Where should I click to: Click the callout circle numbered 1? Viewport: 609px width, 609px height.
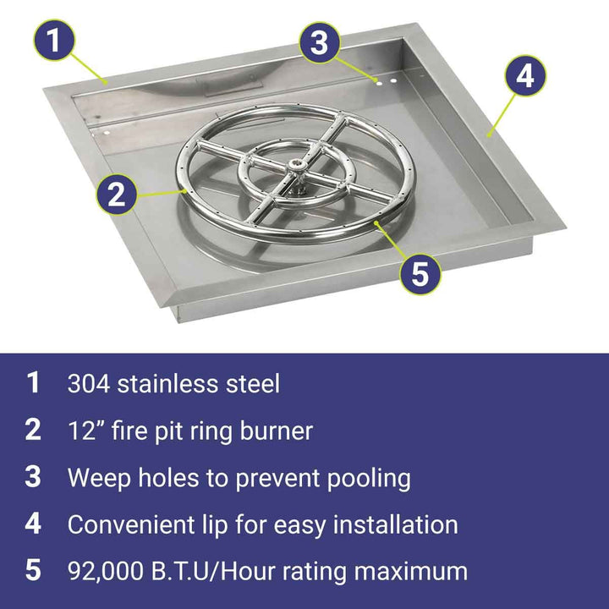(x=53, y=41)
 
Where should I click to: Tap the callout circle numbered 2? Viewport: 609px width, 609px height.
(x=116, y=195)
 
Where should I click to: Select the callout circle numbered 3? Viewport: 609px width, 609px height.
(x=319, y=42)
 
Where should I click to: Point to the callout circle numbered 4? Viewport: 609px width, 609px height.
(x=525, y=76)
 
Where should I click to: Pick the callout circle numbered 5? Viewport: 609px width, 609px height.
(x=420, y=273)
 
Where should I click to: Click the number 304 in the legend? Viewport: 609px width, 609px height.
(x=89, y=384)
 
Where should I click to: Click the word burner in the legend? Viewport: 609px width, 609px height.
(x=276, y=431)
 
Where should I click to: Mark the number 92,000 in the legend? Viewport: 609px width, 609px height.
(x=105, y=572)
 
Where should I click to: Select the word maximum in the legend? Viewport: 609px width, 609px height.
(x=411, y=572)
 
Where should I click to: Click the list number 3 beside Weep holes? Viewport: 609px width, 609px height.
(x=33, y=477)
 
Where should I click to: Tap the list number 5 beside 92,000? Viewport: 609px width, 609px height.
(x=33, y=570)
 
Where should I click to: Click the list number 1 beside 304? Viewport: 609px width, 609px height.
(x=33, y=382)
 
